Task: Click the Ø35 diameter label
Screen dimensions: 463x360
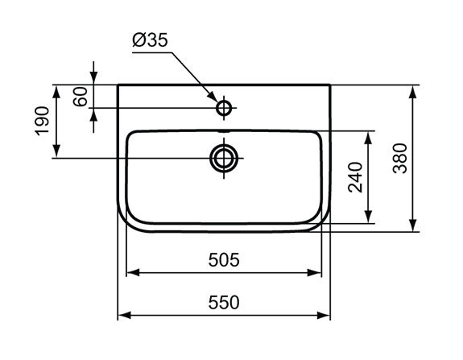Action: [150, 40]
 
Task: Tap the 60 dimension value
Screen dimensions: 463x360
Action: [81, 97]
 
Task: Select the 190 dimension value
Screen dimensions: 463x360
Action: [42, 121]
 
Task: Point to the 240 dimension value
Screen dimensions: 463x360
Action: [355, 177]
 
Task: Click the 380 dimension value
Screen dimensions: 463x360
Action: [400, 159]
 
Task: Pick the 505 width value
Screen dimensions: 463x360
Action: [224, 260]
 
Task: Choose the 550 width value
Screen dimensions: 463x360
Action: [224, 303]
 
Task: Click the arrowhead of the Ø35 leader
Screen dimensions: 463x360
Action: [213, 97]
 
